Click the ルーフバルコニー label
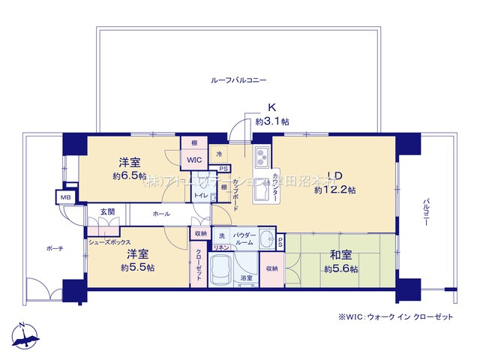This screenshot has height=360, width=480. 239,79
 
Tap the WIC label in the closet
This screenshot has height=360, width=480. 194,160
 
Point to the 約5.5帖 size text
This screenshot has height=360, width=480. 137,267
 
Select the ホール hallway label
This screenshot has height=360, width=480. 160,214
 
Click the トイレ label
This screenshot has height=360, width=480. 200,196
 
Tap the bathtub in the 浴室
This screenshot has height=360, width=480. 223,266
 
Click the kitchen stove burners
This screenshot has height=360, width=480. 263,158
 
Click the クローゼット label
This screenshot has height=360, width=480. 199,264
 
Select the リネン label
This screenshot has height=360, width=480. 221,247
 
